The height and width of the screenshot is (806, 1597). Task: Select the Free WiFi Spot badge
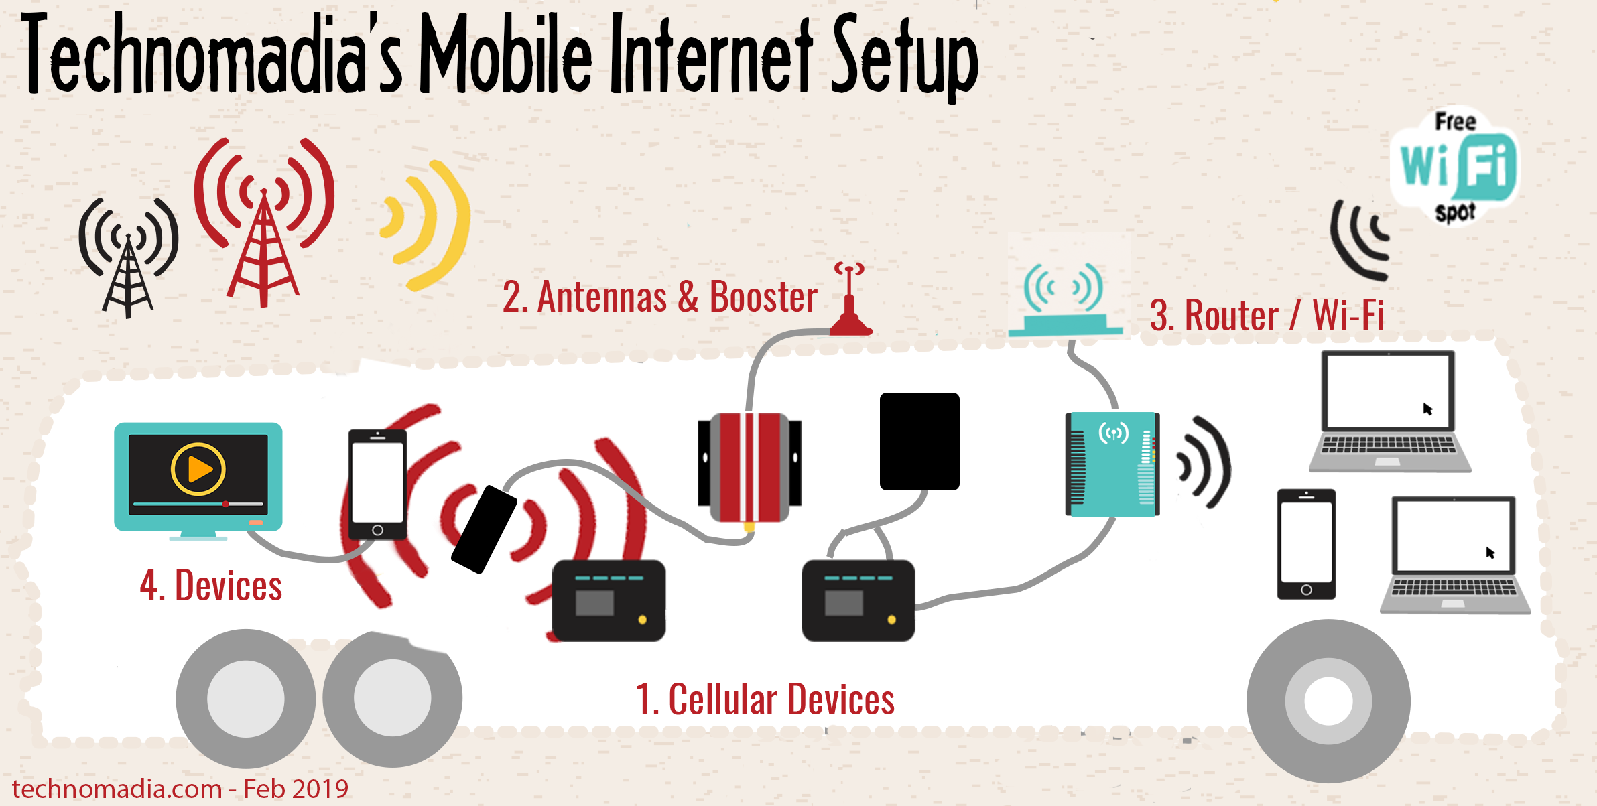(x=1456, y=166)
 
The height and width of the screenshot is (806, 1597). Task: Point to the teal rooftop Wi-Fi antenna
(x=1066, y=299)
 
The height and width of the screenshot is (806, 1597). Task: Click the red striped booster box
(x=749, y=467)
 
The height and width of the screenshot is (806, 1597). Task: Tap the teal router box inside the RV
(x=1112, y=464)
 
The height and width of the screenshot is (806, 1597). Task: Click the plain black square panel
(x=919, y=442)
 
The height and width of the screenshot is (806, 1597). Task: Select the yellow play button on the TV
(x=198, y=469)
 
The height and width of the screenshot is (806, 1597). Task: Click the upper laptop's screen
(x=1388, y=391)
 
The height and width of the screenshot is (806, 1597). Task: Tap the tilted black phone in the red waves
(x=484, y=529)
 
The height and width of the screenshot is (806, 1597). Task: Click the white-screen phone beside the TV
(x=377, y=484)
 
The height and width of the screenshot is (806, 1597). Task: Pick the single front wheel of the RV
(x=1328, y=701)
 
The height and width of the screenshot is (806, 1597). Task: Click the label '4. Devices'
(x=210, y=586)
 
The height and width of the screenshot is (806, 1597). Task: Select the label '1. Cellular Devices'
(x=765, y=699)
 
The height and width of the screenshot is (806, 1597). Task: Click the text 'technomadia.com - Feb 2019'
(x=180, y=789)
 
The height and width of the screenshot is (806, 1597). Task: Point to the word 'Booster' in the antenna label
(x=763, y=297)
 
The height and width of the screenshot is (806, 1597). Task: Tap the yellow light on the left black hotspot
(x=642, y=620)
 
